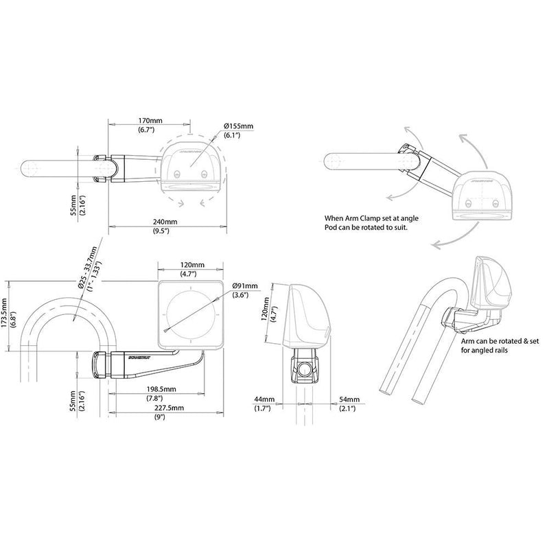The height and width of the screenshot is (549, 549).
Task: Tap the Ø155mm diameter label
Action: pyautogui.click(x=239, y=126)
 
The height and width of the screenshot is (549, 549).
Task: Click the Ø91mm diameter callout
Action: pyautogui.click(x=245, y=285)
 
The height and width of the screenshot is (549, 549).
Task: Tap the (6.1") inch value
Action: pyautogui.click(x=233, y=136)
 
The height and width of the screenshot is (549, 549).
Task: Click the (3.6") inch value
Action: pyautogui.click(x=240, y=295)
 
